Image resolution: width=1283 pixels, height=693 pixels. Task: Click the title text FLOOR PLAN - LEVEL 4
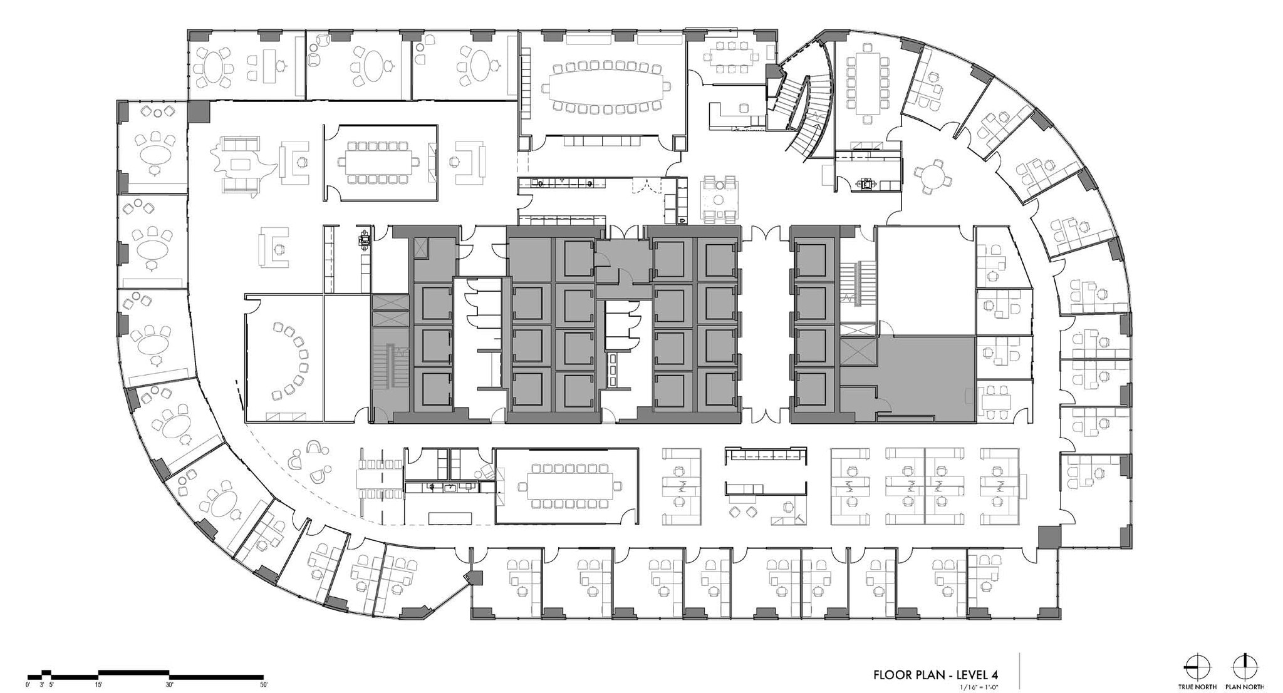pyautogui.click(x=935, y=674)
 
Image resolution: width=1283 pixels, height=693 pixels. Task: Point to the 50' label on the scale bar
pyautogui.click(x=263, y=685)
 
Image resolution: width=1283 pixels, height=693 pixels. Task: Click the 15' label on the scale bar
pyautogui.click(x=99, y=685)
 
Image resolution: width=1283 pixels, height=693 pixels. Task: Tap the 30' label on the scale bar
pyautogui.click(x=170, y=685)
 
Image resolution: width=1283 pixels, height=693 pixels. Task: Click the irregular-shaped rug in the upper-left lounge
pyautogui.click(x=242, y=164)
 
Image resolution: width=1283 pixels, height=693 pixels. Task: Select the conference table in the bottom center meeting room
pyautogui.click(x=568, y=486)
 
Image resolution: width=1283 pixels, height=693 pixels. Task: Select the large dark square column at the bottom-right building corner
pyautogui.click(x=1049, y=536)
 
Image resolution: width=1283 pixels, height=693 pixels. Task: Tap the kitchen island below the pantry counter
pyautogui.click(x=450, y=518)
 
